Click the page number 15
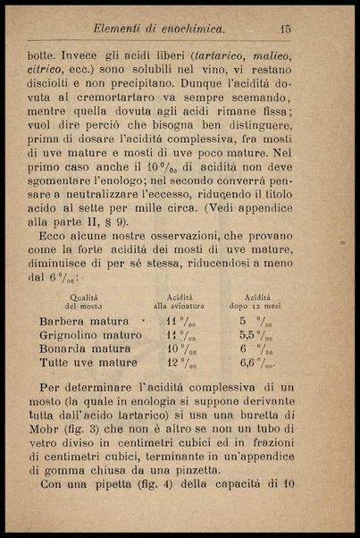click(309, 29)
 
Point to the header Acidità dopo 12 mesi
click(256, 300)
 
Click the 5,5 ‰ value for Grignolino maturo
click(257, 334)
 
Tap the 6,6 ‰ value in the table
click(259, 365)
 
